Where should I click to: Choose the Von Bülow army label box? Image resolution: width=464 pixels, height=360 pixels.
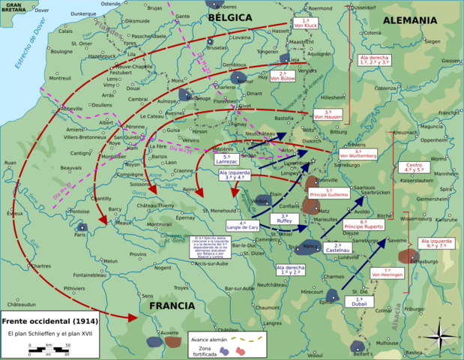(283, 75)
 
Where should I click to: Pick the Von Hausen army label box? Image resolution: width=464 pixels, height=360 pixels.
(328, 114)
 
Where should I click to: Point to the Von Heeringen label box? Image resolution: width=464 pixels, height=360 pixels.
(388, 274)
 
